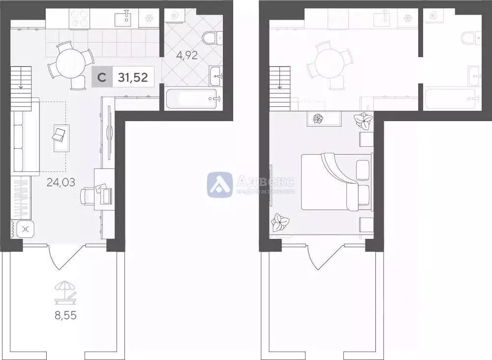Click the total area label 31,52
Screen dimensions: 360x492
(x=133, y=77)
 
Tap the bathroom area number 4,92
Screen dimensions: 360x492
(x=187, y=55)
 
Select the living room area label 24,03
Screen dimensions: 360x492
(x=61, y=183)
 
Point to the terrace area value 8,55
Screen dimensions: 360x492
(x=65, y=315)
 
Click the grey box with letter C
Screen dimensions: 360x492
(x=101, y=77)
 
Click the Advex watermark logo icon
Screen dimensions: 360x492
(x=219, y=185)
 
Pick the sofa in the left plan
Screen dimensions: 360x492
(x=26, y=143)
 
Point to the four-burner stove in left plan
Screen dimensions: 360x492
(x=79, y=19)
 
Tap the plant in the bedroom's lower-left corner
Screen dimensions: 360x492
(x=280, y=222)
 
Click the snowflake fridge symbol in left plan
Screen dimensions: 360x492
(x=149, y=19)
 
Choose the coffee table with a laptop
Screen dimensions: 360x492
(x=61, y=138)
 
